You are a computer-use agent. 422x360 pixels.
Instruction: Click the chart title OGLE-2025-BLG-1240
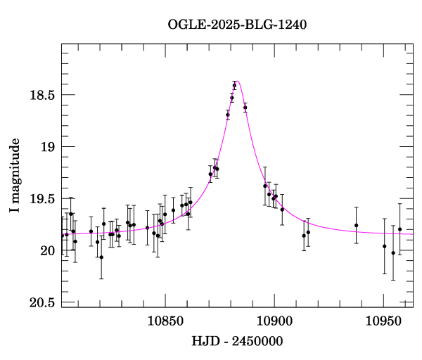tap(237, 25)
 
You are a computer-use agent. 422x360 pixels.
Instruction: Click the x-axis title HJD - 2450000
tap(238, 341)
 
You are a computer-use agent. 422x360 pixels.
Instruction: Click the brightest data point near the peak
tap(235, 85)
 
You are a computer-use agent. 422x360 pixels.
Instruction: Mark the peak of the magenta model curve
tap(238, 81)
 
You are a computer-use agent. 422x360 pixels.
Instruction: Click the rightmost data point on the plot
tap(399, 229)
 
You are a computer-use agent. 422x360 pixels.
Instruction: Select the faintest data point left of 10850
tap(101, 257)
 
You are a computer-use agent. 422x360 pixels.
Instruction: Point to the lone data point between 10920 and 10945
tap(357, 225)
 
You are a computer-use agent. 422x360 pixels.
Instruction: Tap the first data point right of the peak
tap(245, 108)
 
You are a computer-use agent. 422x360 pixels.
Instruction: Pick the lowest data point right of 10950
tap(393, 253)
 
